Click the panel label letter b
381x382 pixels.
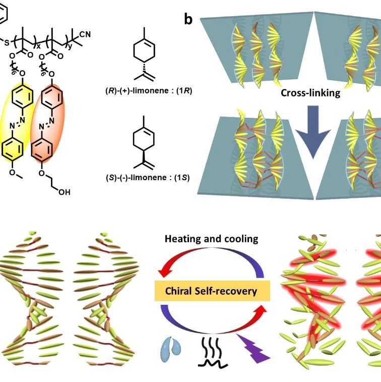pos(188,19)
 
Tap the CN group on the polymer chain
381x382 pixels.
pos(85,34)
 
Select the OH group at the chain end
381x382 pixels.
pos(64,192)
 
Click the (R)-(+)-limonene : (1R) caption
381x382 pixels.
pos(149,91)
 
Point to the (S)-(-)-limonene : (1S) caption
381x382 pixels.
pos(148,177)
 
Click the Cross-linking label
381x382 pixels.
pos(310,93)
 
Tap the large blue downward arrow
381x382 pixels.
pos(313,132)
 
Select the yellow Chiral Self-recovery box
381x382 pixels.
pos(212,291)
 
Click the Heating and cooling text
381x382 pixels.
pos(212,239)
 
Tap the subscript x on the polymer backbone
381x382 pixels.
pos(38,46)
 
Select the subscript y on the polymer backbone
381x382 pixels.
pos(70,46)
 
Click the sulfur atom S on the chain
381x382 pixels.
pos(7,42)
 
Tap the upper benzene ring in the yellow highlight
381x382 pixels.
pos(22,96)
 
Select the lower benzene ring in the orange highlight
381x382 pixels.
pos(42,149)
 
